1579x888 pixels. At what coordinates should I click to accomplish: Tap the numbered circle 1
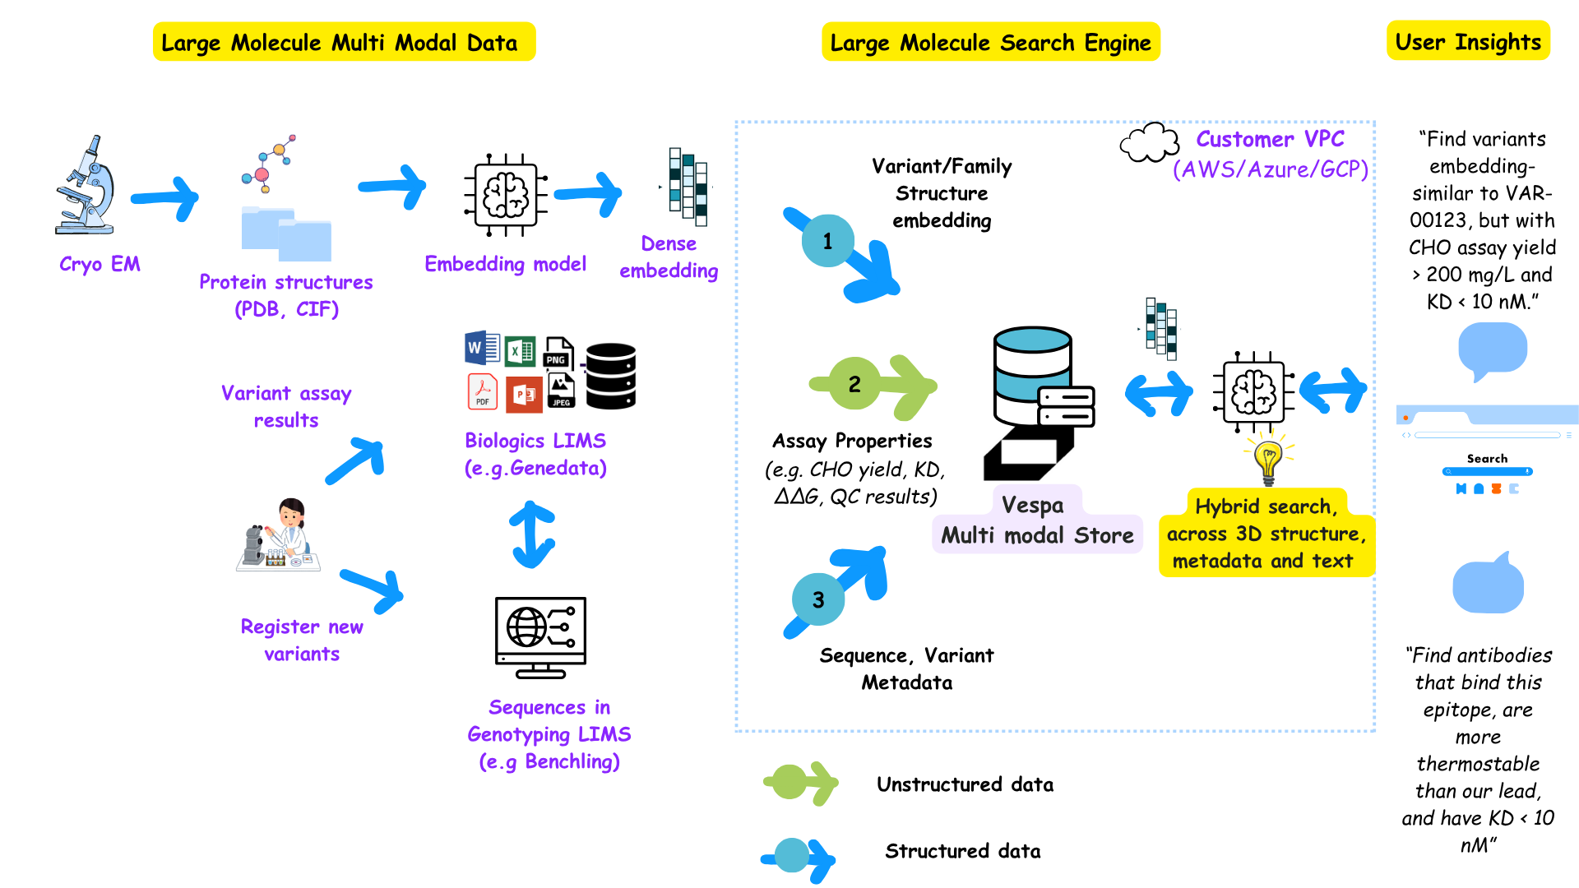[827, 241]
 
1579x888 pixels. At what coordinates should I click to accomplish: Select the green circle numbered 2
[854, 384]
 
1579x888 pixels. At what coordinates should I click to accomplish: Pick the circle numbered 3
[818, 600]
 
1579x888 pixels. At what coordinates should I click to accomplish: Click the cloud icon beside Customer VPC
[1149, 144]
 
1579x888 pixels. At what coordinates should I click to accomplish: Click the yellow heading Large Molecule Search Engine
[990, 42]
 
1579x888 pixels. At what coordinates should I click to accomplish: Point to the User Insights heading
[1468, 41]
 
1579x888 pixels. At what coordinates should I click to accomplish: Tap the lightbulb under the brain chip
[1268, 460]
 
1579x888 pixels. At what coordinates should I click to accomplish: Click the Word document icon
[481, 348]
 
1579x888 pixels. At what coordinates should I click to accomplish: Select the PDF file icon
[483, 391]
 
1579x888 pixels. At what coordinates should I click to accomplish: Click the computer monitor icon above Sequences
[540, 636]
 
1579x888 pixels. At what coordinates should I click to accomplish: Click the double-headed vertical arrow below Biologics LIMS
[532, 534]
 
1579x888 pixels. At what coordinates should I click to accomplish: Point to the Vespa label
[1032, 505]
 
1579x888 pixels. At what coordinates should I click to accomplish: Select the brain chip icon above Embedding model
[506, 195]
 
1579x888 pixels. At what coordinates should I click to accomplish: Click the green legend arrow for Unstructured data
[800, 782]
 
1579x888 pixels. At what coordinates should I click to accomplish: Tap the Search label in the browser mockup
[1487, 459]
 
